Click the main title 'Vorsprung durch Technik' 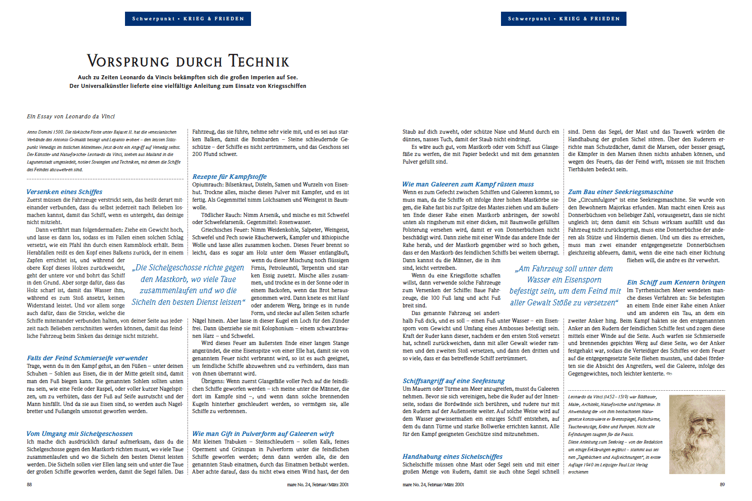[188, 61]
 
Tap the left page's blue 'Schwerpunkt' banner [188, 19]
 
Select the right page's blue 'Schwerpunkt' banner [563, 19]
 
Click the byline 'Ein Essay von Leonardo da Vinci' [71, 116]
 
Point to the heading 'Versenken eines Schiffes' [65, 192]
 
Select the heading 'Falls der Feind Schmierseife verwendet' [87, 358]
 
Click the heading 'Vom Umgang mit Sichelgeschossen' [80, 434]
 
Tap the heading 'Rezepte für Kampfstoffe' [229, 177]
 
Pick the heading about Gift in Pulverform [263, 434]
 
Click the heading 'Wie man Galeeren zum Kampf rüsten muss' [468, 184]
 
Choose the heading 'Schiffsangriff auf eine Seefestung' [454, 381]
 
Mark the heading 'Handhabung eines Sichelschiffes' [452, 457]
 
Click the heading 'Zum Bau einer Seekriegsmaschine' [620, 192]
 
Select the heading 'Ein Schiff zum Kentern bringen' [676, 283]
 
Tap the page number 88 [29, 485]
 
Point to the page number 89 [722, 485]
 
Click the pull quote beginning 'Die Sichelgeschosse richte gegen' [189, 285]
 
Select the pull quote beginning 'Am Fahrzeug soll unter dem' [565, 286]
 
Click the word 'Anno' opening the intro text [32, 132]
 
